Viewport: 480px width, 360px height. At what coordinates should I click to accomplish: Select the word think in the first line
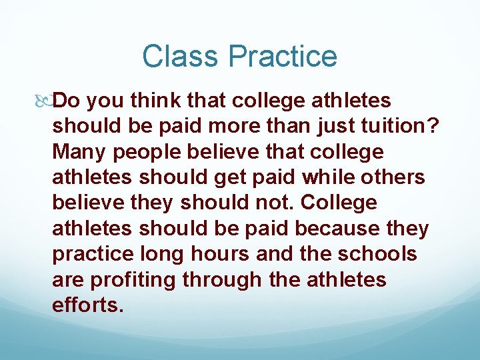[155, 101]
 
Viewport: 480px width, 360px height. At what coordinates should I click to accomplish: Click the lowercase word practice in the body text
[95, 253]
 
